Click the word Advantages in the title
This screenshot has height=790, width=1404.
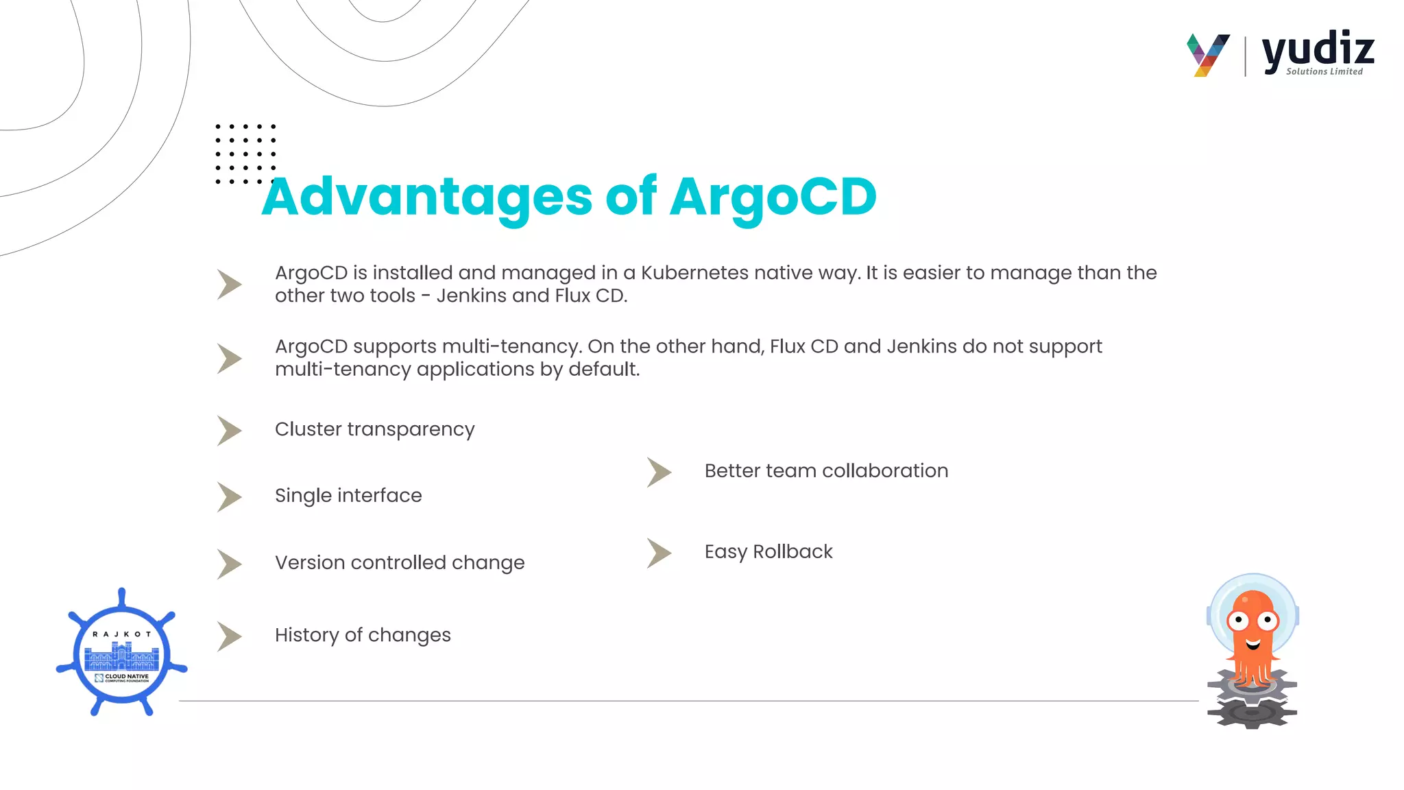click(426, 197)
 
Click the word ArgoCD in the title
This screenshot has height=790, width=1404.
click(773, 197)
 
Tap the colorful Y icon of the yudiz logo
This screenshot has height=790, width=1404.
click(1208, 55)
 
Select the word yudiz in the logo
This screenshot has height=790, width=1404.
click(1318, 49)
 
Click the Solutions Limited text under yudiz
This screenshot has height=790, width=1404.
click(1324, 71)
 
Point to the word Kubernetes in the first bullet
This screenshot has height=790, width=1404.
click(694, 273)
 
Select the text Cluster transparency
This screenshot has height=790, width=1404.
click(374, 429)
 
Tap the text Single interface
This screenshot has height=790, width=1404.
click(348, 496)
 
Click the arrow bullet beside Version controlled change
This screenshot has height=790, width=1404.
click(229, 564)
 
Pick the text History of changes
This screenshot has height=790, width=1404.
click(363, 635)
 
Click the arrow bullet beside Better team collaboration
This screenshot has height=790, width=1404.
click(659, 472)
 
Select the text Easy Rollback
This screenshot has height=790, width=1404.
click(768, 551)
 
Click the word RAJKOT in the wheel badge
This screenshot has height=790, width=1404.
click(121, 634)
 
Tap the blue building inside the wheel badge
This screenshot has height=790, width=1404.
click(121, 658)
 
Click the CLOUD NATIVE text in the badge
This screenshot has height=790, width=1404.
click(126, 676)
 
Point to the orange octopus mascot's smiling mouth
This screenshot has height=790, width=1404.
click(1253, 644)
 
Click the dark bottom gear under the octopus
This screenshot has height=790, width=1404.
click(1252, 714)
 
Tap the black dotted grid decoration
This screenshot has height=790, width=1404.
click(245, 154)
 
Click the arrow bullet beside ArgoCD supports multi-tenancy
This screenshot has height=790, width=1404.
click(229, 359)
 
